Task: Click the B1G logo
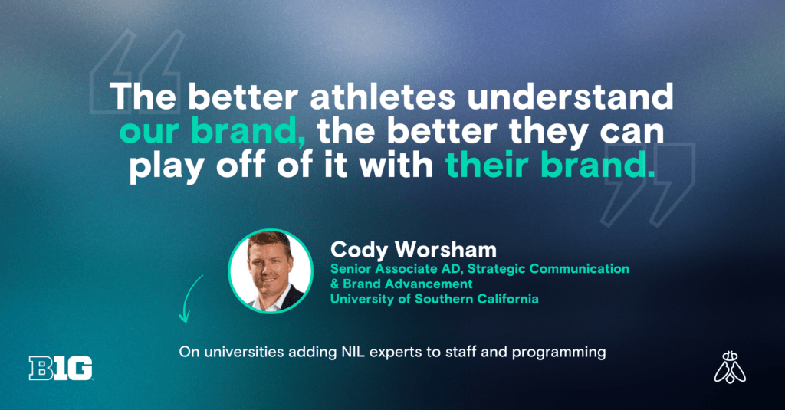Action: (61, 368)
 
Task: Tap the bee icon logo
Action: (730, 367)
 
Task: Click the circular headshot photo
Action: (271, 271)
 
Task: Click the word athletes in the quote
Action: (383, 96)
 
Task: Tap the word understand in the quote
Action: (570, 96)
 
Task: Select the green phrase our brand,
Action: (213, 131)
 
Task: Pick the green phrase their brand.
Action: (550, 166)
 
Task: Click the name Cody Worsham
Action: (413, 249)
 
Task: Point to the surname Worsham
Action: (445, 249)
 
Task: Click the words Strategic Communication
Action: (549, 269)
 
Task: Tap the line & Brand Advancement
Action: (401, 284)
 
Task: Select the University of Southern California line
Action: (434, 299)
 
